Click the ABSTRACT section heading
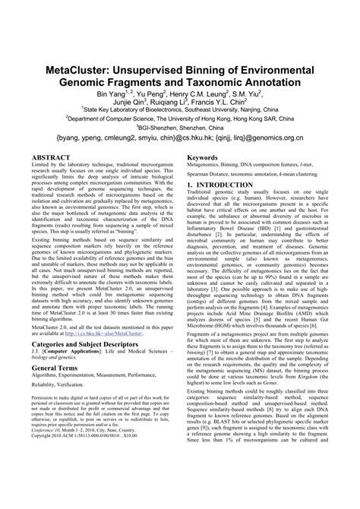(50, 159)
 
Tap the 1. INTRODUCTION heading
(224, 185)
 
